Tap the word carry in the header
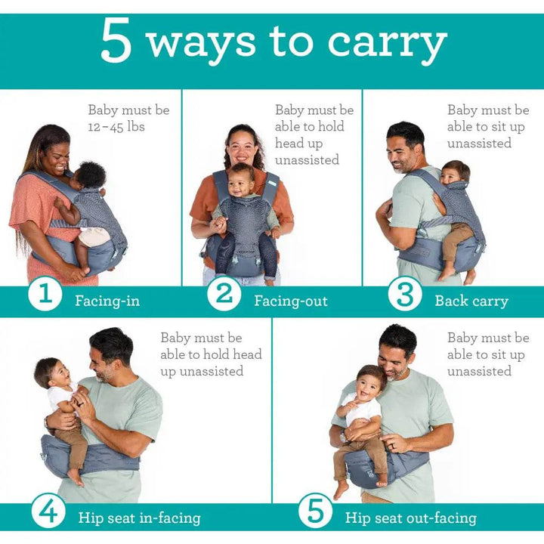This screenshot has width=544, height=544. point(387,45)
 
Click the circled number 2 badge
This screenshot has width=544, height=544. point(224,294)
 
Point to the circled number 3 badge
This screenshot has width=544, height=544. point(405,294)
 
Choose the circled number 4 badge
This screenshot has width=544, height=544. point(48,511)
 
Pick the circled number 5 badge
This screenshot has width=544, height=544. point(315,511)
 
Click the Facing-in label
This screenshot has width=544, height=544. point(107,301)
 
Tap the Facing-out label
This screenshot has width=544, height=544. point(291,301)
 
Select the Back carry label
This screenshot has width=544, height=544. point(471,301)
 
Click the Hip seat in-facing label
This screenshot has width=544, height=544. point(140,518)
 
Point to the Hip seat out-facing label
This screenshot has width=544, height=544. point(411,518)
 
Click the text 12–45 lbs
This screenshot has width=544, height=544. point(116,127)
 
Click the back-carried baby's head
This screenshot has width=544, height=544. point(455,174)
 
